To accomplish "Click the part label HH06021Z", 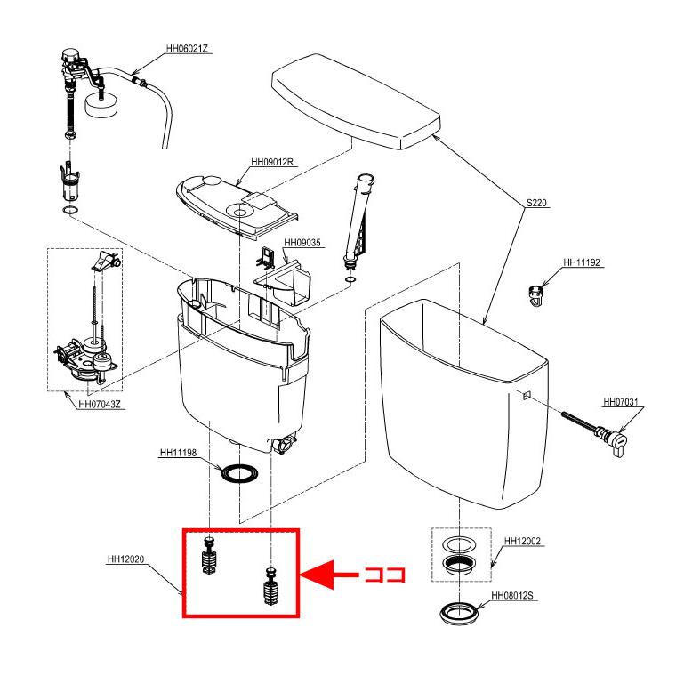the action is click(187, 48).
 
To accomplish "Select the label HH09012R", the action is click(272, 162).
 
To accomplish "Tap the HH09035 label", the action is click(302, 243).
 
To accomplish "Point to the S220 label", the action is click(536, 203).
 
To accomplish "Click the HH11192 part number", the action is click(582, 262).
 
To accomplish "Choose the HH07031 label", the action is click(621, 402).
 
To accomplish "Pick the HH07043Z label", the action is click(100, 405).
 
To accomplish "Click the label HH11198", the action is click(179, 453).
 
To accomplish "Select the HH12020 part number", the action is click(125, 559).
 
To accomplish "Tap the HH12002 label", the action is click(523, 542).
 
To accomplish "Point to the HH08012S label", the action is click(512, 596).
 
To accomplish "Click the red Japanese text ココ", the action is click(385, 575).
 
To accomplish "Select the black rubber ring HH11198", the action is click(239, 473).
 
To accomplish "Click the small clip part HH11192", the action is click(535, 295).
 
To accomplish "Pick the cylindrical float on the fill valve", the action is click(101, 106).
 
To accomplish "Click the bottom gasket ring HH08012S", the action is click(459, 613).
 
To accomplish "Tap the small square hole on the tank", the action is click(527, 395).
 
